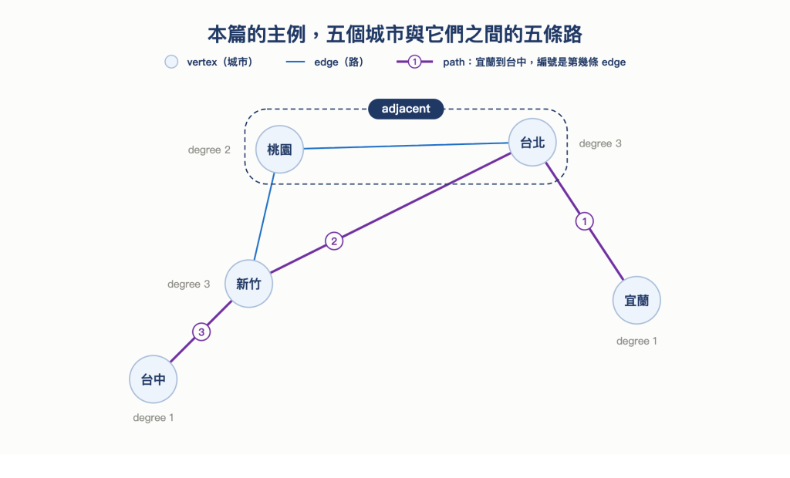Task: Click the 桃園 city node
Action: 279,149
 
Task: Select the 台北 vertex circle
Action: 532,143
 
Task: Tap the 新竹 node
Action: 248,284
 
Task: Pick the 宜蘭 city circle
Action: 636,300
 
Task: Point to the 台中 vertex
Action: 154,379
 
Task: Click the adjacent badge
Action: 406,109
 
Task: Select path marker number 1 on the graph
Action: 585,221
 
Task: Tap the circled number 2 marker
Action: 334,241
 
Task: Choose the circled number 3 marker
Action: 201,332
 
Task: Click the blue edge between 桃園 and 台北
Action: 406,146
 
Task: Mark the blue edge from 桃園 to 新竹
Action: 264,217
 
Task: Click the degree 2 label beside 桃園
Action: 209,150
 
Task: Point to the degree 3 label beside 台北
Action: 600,143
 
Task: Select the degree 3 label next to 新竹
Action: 188,284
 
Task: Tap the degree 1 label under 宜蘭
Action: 636,341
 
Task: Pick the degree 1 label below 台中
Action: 154,418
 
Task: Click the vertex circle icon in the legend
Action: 171,62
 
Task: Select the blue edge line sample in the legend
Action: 295,62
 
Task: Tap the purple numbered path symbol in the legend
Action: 414,62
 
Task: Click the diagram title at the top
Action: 395,34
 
